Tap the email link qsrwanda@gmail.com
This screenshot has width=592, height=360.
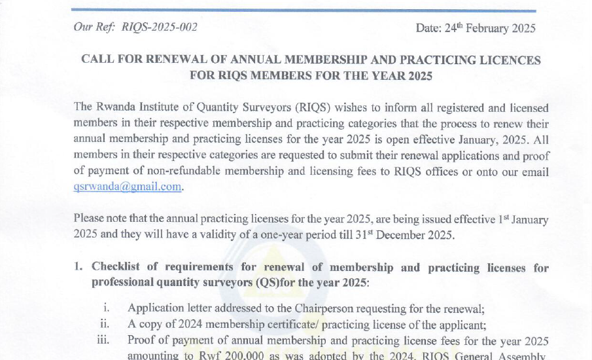[128, 187]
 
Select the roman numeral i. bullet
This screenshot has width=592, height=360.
[107, 308]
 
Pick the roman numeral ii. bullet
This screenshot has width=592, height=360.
[105, 324]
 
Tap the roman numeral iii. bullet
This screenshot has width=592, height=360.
[103, 340]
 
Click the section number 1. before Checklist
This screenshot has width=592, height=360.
[78, 267]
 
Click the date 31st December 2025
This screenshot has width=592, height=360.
[402, 235]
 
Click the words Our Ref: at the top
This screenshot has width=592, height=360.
[95, 27]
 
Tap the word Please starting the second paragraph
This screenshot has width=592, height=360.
[90, 219]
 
